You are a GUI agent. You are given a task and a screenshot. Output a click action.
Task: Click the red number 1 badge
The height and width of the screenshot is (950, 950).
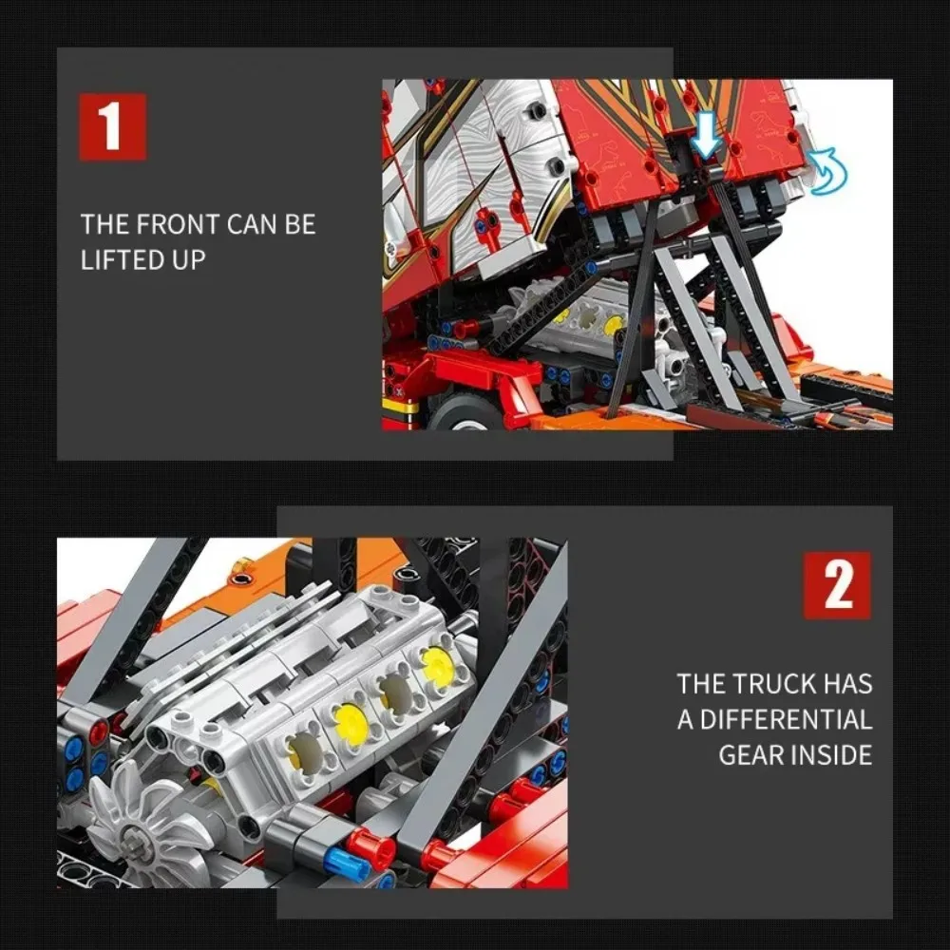pyautogui.click(x=113, y=126)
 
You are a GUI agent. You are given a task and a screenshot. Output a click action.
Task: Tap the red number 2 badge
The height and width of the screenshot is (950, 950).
pyautogui.click(x=837, y=585)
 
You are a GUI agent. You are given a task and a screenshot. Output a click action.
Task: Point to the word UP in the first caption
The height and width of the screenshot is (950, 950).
pyautogui.click(x=189, y=260)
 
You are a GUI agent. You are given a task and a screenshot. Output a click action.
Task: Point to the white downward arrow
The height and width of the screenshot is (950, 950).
pyautogui.click(x=706, y=136)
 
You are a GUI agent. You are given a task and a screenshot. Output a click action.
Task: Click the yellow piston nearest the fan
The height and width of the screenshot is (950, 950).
pyautogui.click(x=307, y=750)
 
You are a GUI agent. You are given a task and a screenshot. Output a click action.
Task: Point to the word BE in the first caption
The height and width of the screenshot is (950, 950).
pyautogui.click(x=300, y=224)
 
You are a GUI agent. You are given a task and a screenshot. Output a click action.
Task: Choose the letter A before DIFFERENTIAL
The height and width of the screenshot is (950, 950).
pyautogui.click(x=685, y=720)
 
